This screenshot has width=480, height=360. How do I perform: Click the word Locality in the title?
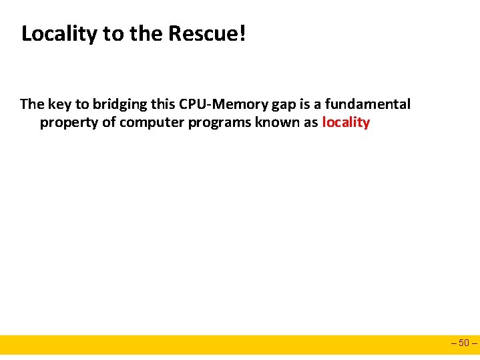(59, 34)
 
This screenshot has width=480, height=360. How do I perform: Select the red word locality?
(346, 122)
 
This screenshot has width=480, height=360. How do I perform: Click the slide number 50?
(465, 344)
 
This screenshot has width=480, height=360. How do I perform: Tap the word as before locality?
(310, 122)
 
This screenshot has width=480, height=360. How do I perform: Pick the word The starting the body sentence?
(31, 104)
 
